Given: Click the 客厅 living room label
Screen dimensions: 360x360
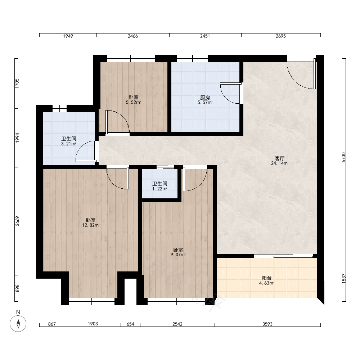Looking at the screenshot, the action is coord(279,158).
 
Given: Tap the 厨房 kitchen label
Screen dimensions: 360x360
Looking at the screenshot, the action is coord(205,98).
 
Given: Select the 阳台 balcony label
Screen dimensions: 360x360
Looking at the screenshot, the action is coord(266,278).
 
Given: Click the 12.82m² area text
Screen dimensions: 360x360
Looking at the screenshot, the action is coord(91,225).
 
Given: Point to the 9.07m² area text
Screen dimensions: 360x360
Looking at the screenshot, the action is coord(178,255).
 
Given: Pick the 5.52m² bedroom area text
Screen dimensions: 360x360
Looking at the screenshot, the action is coord(134,102).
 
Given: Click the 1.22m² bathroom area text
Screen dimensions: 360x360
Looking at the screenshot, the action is coord(159,189).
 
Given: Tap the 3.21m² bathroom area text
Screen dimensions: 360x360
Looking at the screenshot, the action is coord(69,144).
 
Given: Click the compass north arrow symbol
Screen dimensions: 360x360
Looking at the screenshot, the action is coord(18,324).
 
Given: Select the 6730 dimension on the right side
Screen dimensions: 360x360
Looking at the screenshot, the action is coord(344,157).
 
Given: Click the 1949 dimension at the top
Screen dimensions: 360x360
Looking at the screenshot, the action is coord(68,36).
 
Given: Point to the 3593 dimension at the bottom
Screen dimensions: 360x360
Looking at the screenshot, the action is coord(267,324).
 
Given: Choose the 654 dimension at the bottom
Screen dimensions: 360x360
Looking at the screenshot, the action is coord(130,324).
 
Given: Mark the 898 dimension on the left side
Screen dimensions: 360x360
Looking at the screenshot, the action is coord(17,288).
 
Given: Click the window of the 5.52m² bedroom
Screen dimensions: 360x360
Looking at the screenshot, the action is coord(131,59).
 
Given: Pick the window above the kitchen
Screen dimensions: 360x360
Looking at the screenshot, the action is coord(192,59).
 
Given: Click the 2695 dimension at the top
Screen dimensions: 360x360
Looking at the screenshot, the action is coord(280,36).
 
